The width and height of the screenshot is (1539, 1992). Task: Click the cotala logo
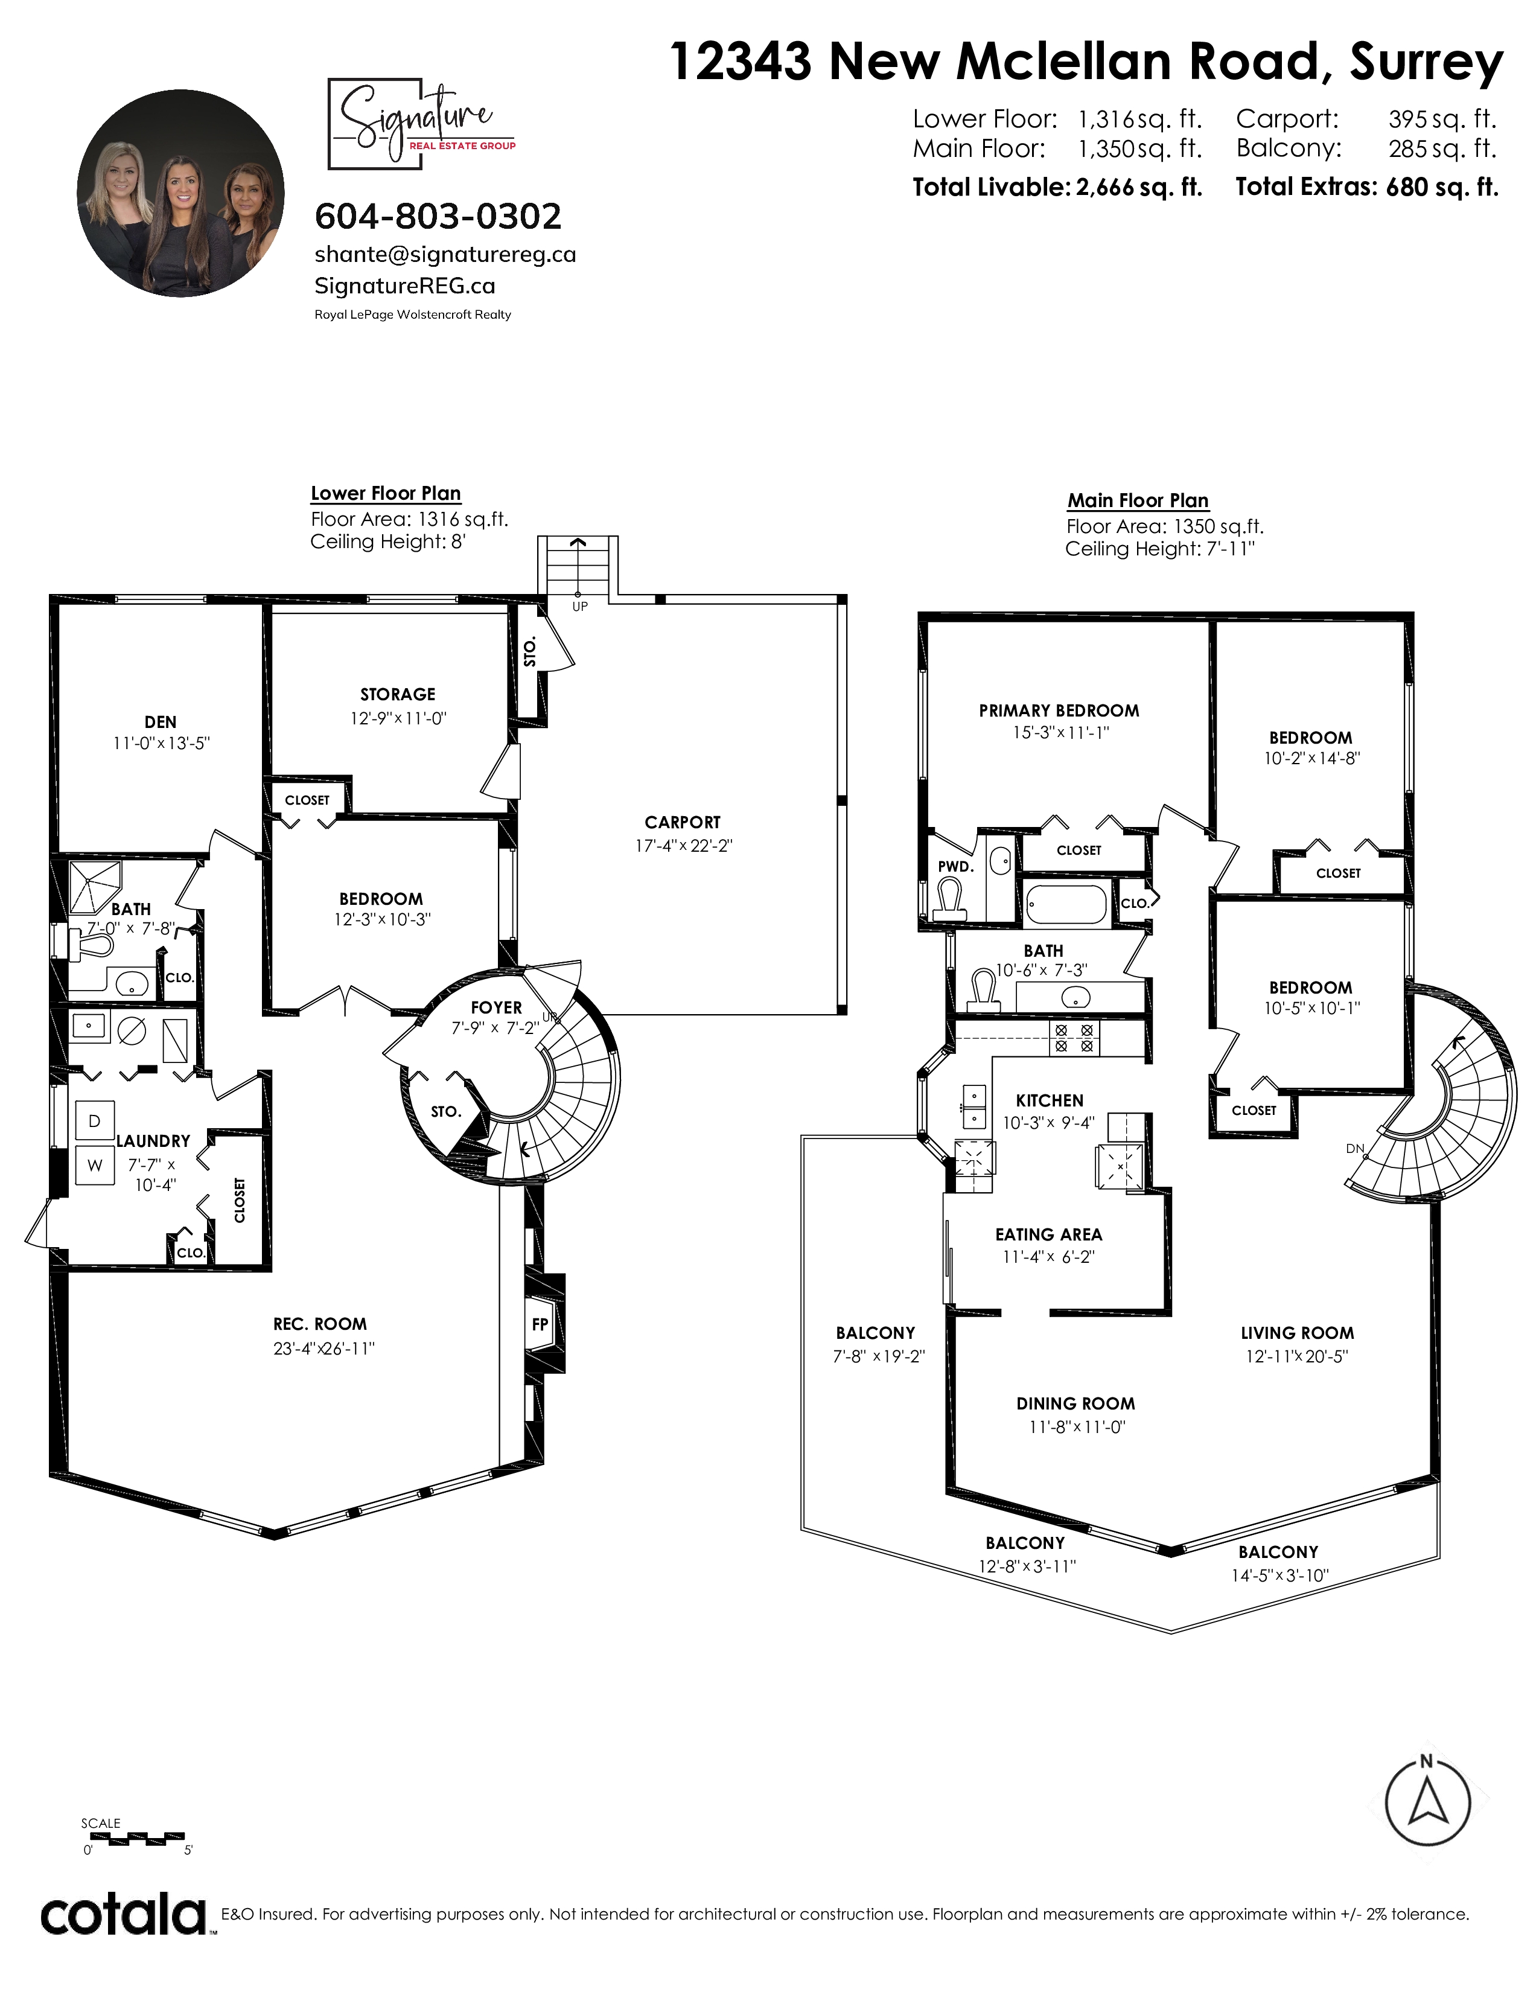pos(124,1912)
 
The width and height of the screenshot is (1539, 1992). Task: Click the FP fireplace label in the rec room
pos(540,1323)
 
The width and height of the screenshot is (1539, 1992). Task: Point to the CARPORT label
pos(682,822)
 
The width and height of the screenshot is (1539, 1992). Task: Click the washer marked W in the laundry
pos(95,1165)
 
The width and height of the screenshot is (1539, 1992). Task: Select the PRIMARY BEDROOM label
pos(1059,710)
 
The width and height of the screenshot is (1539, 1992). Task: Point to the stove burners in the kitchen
pos(1074,1038)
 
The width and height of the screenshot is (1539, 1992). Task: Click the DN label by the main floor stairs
pos(1355,1148)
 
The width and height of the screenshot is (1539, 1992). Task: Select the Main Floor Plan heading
pos(1138,501)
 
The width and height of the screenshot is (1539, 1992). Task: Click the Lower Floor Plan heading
pos(386,493)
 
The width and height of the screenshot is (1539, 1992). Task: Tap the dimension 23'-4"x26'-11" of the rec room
pos(323,1348)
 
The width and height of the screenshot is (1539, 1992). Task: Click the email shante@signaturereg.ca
pos(445,255)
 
